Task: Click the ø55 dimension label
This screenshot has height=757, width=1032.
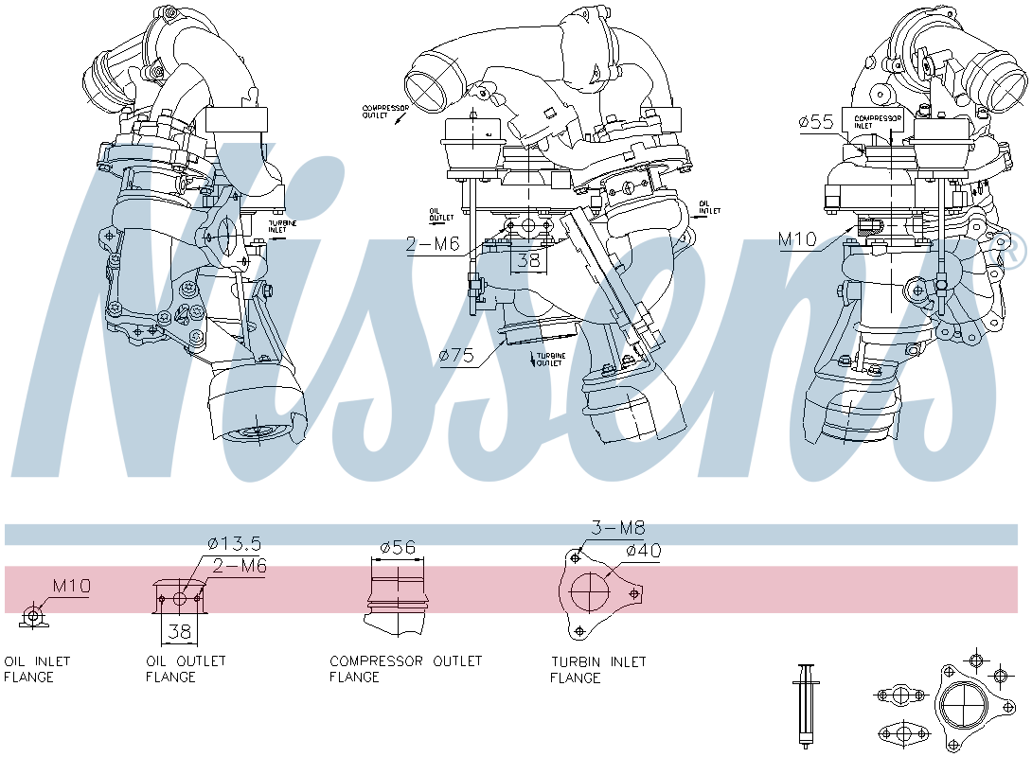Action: pos(815,121)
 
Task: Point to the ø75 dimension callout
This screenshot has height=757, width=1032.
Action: pos(457,355)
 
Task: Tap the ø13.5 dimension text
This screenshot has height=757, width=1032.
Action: pos(234,543)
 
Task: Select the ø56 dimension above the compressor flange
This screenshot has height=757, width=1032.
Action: pos(399,547)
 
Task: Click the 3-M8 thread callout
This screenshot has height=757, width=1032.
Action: pos(617,529)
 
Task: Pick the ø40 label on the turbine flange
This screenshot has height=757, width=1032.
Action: pos(643,551)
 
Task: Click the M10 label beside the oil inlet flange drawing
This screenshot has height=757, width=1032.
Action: pos(71,586)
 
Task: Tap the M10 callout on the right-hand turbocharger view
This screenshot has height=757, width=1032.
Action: pos(798,240)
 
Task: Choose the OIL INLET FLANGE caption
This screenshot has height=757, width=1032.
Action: pos(37,669)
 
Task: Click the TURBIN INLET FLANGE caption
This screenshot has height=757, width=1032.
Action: pos(598,669)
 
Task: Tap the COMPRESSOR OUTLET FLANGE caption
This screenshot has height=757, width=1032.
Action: pos(405,669)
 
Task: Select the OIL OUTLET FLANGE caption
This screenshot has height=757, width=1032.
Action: pos(186,669)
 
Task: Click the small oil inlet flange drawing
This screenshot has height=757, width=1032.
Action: pos(33,616)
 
